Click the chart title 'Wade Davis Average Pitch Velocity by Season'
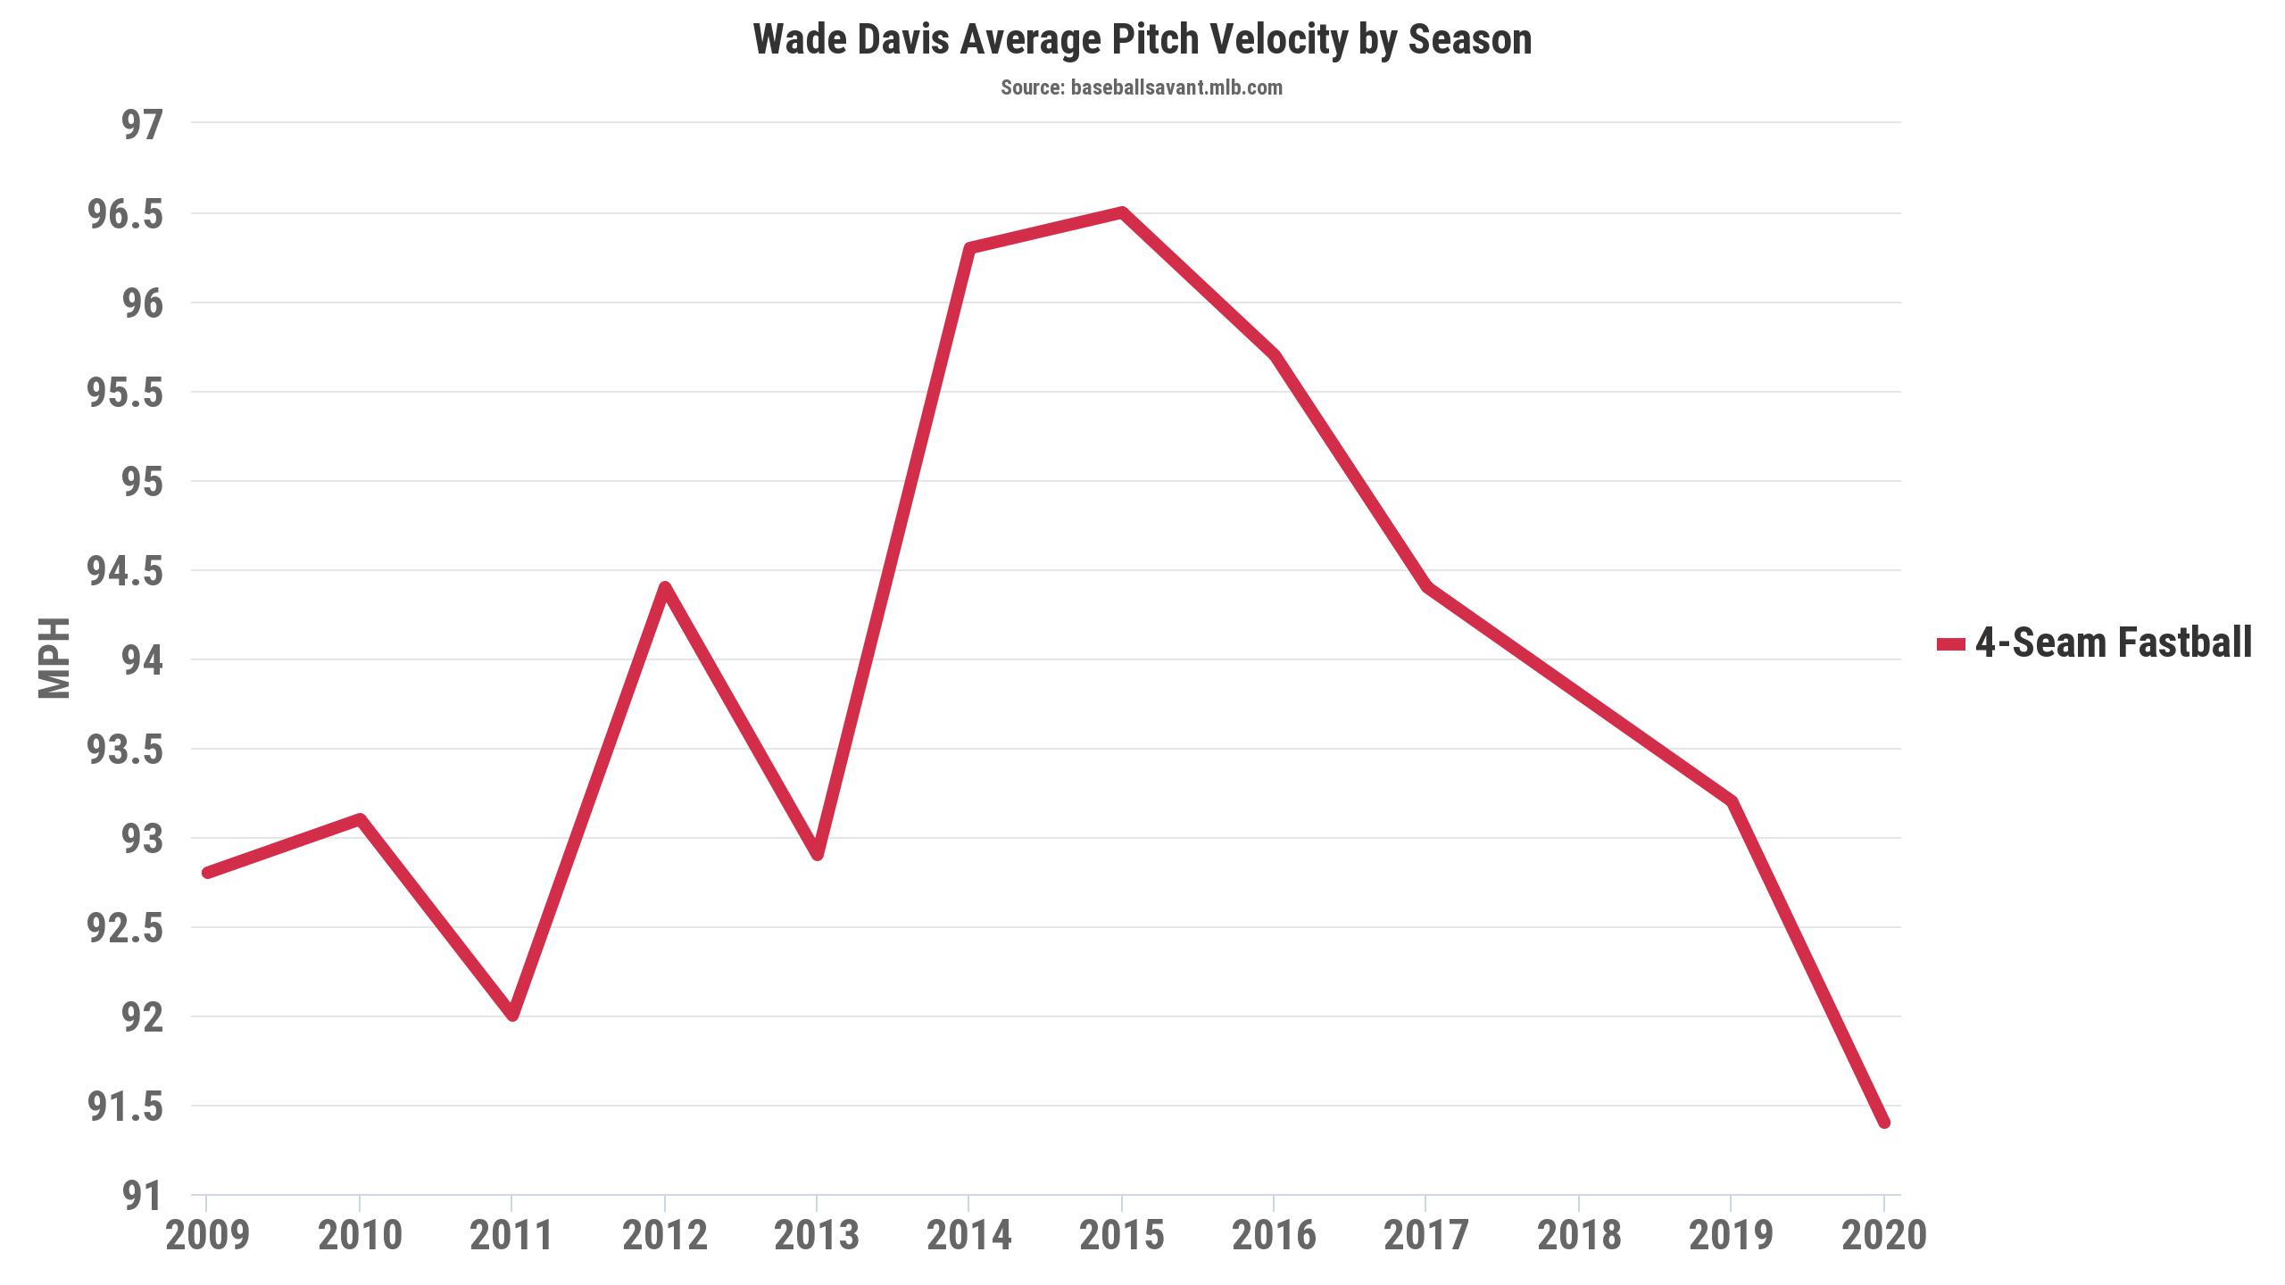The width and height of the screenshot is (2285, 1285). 1142,40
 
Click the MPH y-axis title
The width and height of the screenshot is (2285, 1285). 54,658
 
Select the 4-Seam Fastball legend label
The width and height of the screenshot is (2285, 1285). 2113,642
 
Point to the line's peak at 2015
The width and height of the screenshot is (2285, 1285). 1122,212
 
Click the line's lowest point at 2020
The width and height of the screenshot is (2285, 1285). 1883,1123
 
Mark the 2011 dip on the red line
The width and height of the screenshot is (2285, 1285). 512,1016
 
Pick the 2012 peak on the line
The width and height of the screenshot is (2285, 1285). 665,587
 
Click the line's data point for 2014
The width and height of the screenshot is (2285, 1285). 969,248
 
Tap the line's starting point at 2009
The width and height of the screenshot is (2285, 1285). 207,873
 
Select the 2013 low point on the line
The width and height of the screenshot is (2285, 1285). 817,855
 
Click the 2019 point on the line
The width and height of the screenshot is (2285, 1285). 1732,801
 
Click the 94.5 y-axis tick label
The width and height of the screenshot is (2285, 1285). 126,571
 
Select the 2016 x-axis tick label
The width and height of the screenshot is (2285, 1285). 1274,1236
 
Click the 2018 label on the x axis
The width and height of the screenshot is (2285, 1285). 1579,1236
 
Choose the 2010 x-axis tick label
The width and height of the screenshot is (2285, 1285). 360,1236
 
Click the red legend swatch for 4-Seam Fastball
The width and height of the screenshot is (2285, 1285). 1950,644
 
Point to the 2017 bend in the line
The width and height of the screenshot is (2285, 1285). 1426,587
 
